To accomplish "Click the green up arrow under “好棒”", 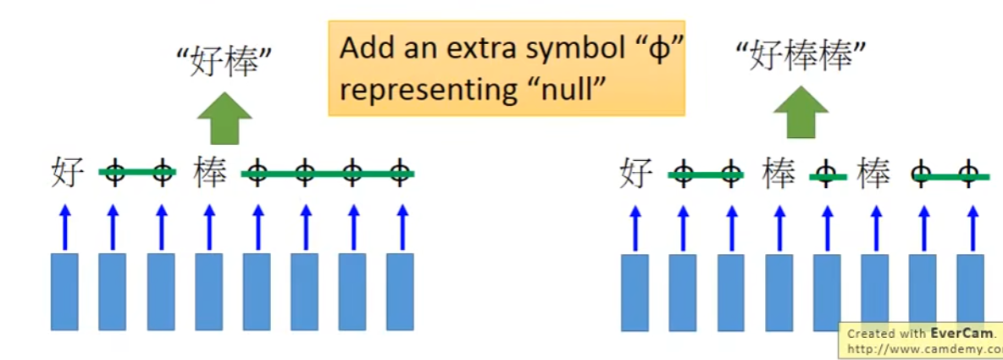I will pyautogui.click(x=224, y=119).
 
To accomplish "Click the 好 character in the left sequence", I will pyautogui.click(x=67, y=173).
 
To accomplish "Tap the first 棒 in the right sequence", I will pyautogui.click(x=779, y=174).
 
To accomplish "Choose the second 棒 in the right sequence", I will pyautogui.click(x=873, y=174).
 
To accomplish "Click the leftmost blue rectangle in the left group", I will pyautogui.click(x=64, y=291).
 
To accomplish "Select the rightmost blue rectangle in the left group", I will pyautogui.click(x=400, y=291).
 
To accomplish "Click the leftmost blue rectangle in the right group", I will pyautogui.click(x=634, y=292).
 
